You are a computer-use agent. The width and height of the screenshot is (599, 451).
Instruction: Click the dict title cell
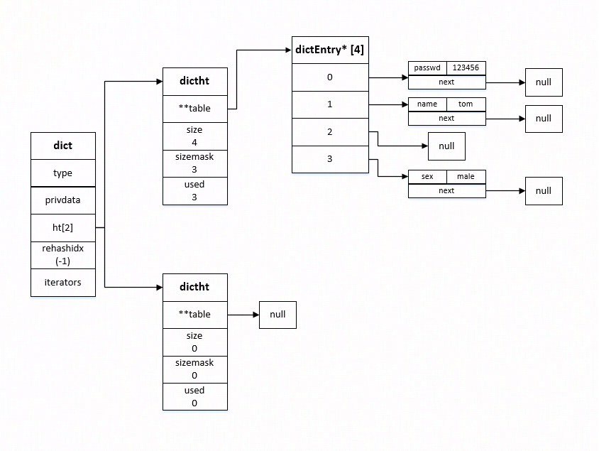click(x=63, y=146)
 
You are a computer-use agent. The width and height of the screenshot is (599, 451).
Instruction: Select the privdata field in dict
click(x=63, y=200)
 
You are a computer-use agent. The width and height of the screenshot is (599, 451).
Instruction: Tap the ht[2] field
click(x=63, y=227)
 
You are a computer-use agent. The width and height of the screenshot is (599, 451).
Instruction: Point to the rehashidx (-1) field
click(x=63, y=255)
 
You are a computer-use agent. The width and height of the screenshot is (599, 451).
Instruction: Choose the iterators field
click(x=63, y=283)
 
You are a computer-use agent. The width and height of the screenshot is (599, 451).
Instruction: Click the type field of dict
click(x=63, y=173)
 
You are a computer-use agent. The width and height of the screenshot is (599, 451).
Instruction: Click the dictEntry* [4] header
click(x=330, y=50)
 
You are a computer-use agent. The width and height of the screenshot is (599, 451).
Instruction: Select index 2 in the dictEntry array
click(x=330, y=132)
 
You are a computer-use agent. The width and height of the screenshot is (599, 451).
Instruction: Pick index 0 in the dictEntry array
click(x=330, y=77)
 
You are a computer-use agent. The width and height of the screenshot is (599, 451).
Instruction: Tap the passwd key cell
click(x=427, y=68)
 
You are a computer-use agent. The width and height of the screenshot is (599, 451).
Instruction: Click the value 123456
click(x=466, y=68)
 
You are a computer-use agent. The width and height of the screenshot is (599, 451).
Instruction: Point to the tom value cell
click(x=466, y=104)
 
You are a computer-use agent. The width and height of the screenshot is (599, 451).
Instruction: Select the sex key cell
click(x=427, y=176)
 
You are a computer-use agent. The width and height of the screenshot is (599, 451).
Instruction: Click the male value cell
click(x=466, y=176)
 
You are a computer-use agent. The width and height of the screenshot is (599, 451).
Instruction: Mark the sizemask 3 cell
click(x=194, y=163)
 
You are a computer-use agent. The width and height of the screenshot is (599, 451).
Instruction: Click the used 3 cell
click(x=194, y=191)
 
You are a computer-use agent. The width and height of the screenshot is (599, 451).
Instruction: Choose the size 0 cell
click(x=194, y=342)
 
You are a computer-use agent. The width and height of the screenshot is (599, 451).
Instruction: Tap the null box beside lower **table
click(x=277, y=315)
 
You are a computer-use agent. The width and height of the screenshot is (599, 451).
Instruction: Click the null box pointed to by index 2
click(x=446, y=146)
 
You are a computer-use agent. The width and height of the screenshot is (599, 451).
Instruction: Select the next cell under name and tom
click(x=446, y=118)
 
